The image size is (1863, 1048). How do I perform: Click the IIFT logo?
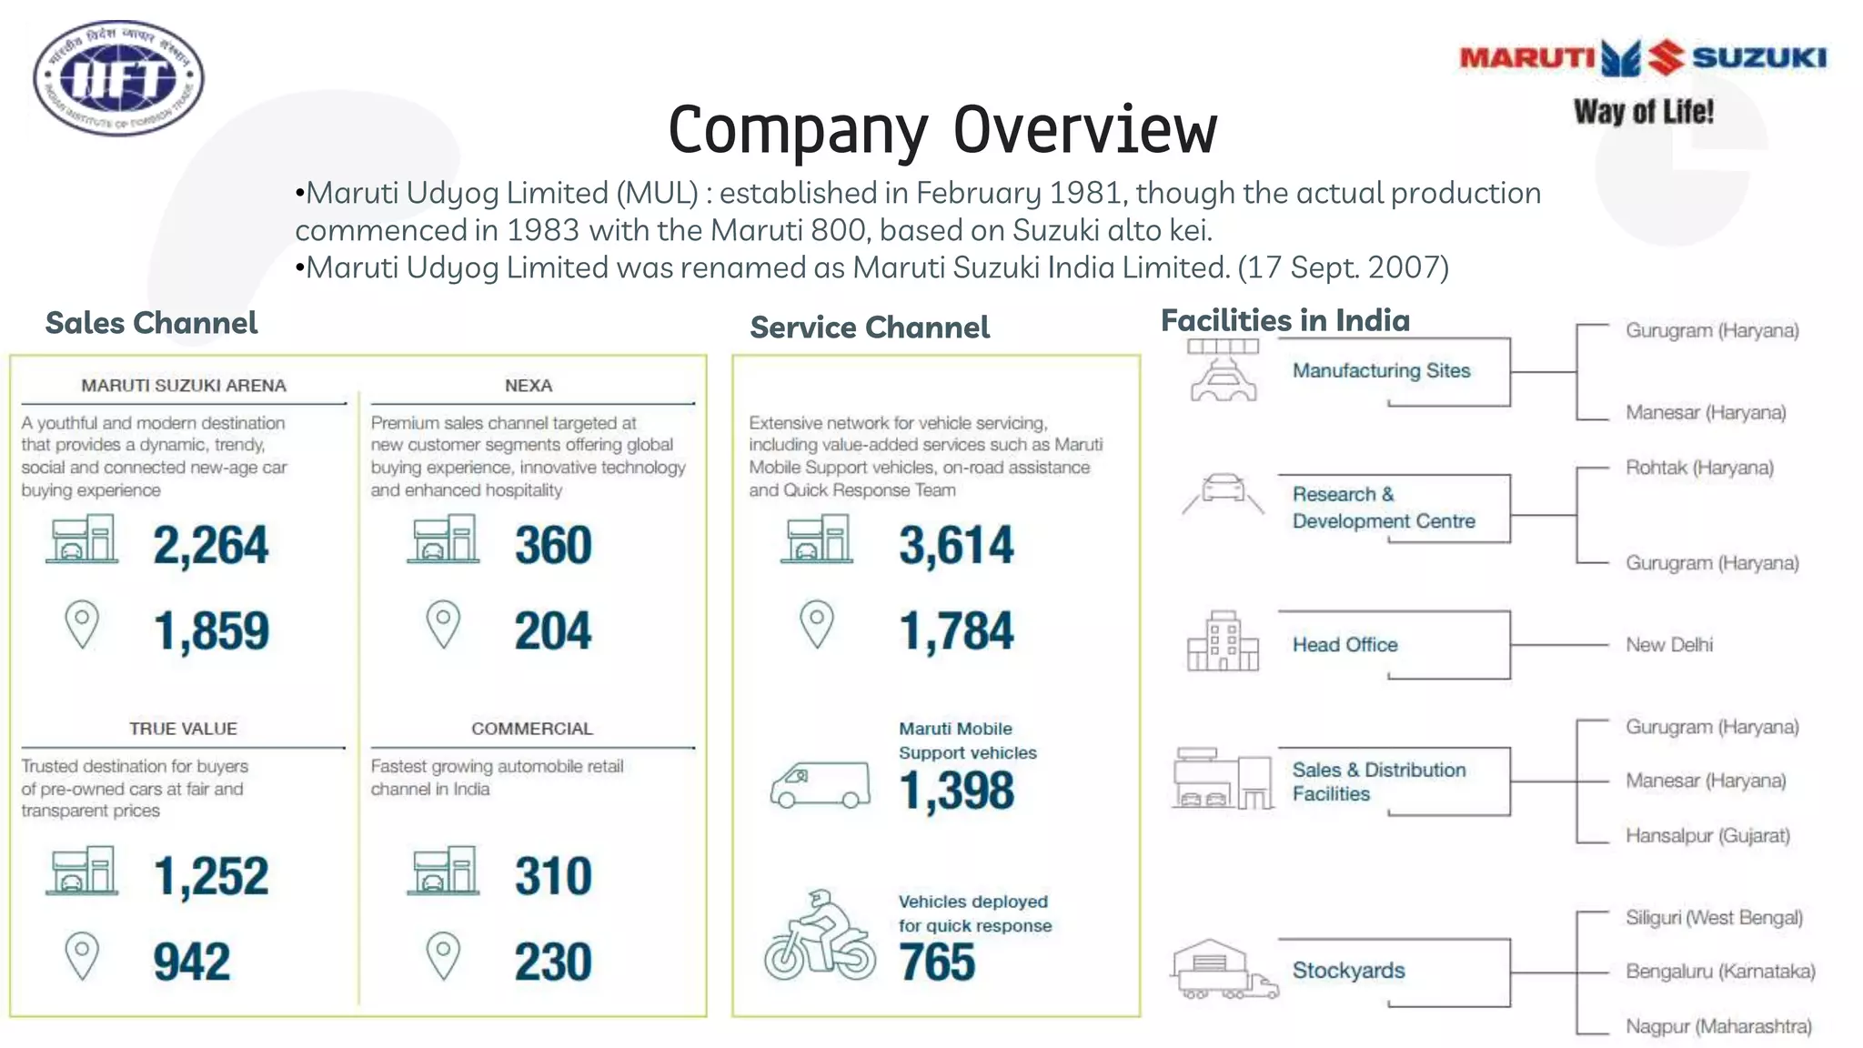pos(118,78)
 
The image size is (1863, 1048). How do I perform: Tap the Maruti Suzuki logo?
pos(1643,58)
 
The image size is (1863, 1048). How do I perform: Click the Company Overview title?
pos(942,130)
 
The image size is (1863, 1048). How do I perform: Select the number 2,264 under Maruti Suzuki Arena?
pos(210,546)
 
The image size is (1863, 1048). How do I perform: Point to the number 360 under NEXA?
pos(553,546)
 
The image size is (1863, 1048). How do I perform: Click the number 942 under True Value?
pos(192,962)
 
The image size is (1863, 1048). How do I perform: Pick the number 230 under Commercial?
pos(553,962)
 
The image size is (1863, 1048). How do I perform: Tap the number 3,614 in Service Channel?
pos(956,546)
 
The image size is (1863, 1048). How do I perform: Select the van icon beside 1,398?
pos(820,784)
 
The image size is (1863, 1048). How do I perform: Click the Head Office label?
pos(1344,645)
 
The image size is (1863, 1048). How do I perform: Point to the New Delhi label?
pos(1669,645)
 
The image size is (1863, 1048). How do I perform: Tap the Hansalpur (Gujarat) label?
pos(1707,835)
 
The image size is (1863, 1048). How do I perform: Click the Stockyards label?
pos(1348,971)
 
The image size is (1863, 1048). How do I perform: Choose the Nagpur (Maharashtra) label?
pos(1718,1026)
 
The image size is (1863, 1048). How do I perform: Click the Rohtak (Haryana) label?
pos(1699,468)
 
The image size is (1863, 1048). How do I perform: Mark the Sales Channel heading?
pos(151,323)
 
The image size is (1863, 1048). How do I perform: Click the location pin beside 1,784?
pos(816,624)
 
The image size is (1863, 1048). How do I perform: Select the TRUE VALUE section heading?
pos(183,729)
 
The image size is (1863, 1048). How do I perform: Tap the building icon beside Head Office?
pos(1223,641)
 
